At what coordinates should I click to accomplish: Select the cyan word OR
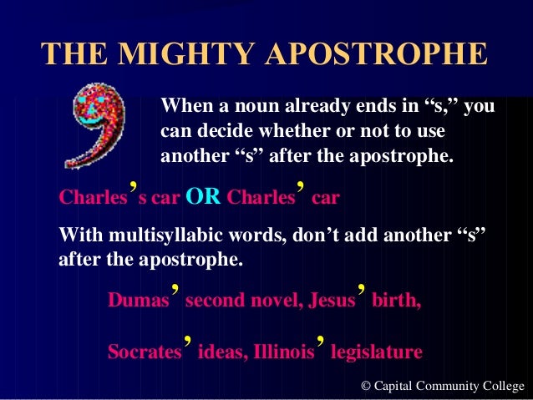[x=203, y=199]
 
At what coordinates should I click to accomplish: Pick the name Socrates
[x=145, y=352]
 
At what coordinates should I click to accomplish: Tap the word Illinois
[x=285, y=352]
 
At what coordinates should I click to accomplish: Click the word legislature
[x=377, y=352]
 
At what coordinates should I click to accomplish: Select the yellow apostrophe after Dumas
[x=175, y=291]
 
